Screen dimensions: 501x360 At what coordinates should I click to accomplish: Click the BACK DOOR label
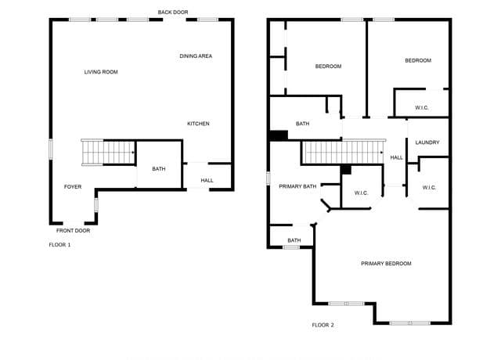click(173, 13)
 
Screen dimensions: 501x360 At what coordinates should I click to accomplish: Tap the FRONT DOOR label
click(73, 231)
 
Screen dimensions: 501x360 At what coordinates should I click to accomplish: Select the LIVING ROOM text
click(101, 72)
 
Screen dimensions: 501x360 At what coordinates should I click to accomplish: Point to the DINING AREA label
click(196, 56)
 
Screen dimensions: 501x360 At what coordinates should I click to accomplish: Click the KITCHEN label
click(198, 124)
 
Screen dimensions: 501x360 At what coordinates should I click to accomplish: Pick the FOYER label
click(73, 186)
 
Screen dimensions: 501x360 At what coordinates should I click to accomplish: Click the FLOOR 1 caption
click(59, 245)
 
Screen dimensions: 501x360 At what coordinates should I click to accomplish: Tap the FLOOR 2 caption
click(323, 325)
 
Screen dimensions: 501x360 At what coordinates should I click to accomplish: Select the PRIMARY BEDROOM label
click(386, 264)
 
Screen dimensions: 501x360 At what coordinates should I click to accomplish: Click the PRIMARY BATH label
click(297, 186)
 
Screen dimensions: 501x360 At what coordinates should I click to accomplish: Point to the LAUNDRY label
click(427, 142)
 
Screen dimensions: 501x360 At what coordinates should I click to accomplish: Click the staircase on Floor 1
click(108, 153)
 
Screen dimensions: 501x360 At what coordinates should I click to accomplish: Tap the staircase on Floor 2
click(344, 153)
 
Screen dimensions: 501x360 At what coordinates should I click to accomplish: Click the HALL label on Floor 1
click(207, 181)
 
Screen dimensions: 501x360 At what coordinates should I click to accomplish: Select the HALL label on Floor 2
click(397, 157)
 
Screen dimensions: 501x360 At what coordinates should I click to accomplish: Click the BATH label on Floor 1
click(159, 169)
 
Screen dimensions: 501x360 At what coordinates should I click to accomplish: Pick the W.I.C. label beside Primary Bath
click(362, 193)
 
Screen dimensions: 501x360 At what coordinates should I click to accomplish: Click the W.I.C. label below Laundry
click(429, 188)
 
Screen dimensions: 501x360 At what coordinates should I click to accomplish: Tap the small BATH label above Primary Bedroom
click(294, 240)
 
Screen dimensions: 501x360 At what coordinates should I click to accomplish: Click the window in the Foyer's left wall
click(50, 149)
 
